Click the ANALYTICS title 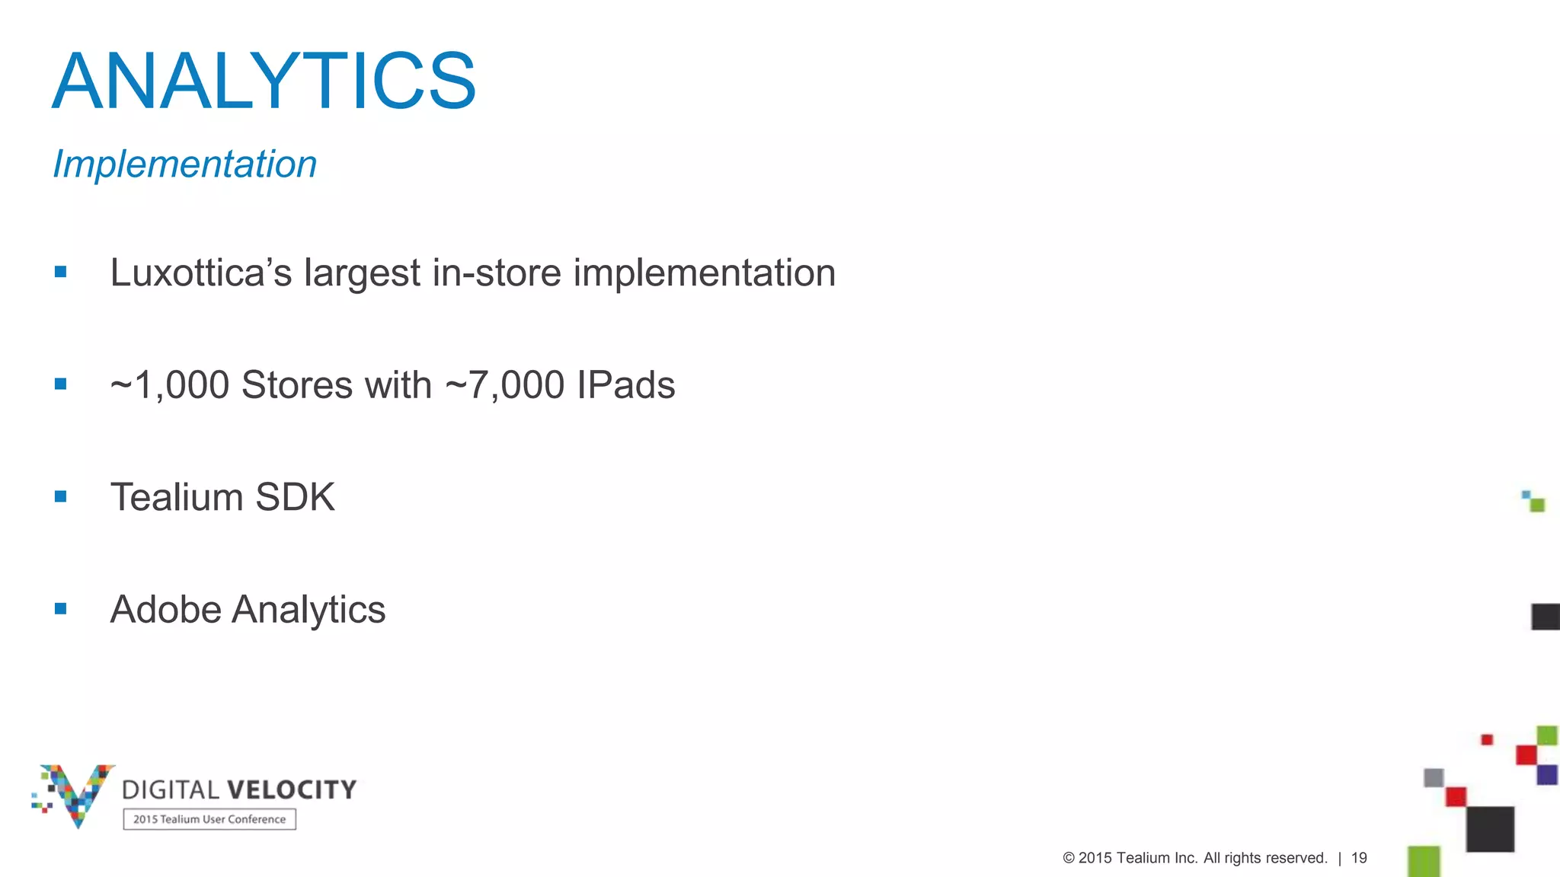point(264,81)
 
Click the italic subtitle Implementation point(184,164)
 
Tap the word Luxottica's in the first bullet point(200,273)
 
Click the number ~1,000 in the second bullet point(169,384)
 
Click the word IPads point(625,384)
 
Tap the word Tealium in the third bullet point(177,497)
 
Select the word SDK point(295,497)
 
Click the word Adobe point(165,610)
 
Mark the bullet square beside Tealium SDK point(61,497)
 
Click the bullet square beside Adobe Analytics point(61,609)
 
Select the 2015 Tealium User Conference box point(209,819)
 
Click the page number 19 point(1359,858)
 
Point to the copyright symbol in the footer point(1068,858)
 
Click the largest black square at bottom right point(1490,829)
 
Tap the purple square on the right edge point(1546,775)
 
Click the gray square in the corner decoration point(1434,778)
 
